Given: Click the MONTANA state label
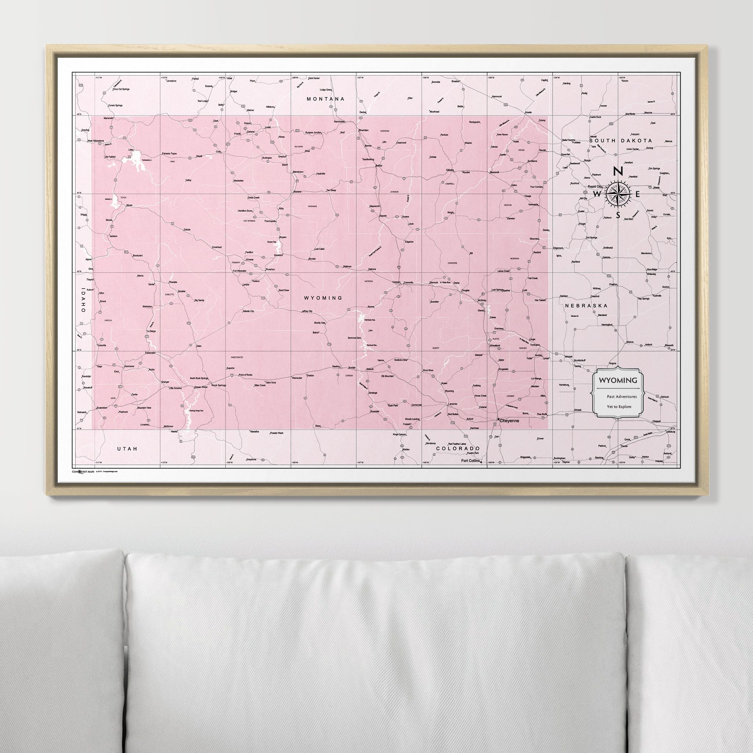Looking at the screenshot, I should tap(325, 99).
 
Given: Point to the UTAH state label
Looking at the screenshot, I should tap(128, 449).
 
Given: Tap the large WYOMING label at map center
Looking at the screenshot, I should tap(323, 298).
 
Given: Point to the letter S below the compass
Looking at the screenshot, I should tap(618, 215).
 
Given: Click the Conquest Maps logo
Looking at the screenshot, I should tap(83, 471).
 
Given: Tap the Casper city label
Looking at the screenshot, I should tap(396, 282).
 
